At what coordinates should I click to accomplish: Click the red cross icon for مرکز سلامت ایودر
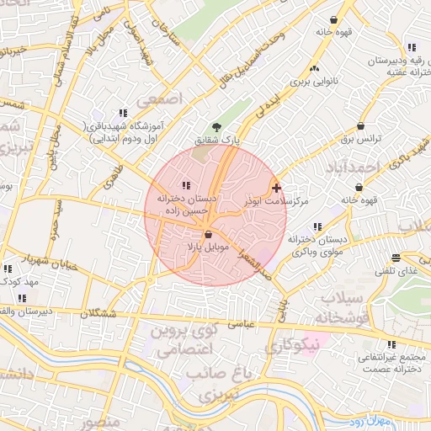click(277, 187)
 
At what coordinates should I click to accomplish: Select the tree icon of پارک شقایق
click(216, 127)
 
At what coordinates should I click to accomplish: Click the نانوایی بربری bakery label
click(314, 83)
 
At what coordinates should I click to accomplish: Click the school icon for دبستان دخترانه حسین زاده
click(186, 185)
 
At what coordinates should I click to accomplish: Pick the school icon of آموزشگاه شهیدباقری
click(123, 113)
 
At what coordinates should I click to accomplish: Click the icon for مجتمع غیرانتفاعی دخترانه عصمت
click(391, 344)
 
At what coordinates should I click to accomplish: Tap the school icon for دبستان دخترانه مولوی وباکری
click(317, 227)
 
